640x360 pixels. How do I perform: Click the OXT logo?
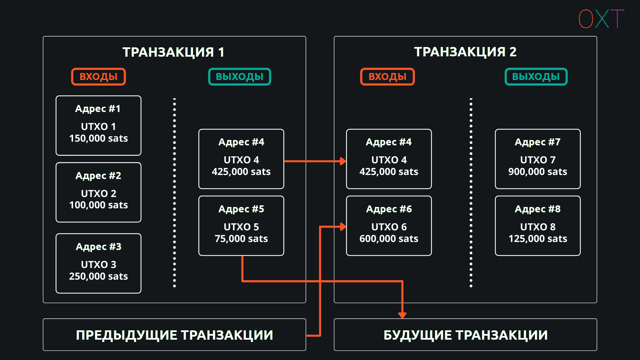[601, 19]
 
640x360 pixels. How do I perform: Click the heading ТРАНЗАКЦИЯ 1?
[173, 52]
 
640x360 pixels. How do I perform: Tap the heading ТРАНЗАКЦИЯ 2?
[465, 52]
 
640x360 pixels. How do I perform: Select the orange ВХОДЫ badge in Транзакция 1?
[98, 77]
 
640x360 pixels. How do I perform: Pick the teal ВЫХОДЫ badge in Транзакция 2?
[536, 77]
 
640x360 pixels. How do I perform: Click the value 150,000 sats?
[98, 138]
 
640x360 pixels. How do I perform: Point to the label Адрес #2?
[98, 176]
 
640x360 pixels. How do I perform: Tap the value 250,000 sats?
[98, 276]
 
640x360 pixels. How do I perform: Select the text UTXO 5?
[241, 227]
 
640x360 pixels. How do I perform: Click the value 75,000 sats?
[241, 239]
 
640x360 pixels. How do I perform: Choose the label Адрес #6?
[389, 209]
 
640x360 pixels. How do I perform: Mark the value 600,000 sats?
[389, 239]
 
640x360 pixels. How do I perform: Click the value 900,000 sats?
[538, 172]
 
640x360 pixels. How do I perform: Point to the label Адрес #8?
[538, 209]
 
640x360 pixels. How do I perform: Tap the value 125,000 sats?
[538, 239]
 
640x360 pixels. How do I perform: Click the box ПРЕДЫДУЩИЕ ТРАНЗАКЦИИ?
[174, 335]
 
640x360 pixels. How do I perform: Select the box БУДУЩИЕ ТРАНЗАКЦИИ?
[465, 335]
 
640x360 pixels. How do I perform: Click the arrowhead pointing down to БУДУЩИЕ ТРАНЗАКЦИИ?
[402, 315]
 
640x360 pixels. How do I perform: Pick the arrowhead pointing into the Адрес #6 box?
[343, 227]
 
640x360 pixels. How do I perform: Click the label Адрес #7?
[538, 142]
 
